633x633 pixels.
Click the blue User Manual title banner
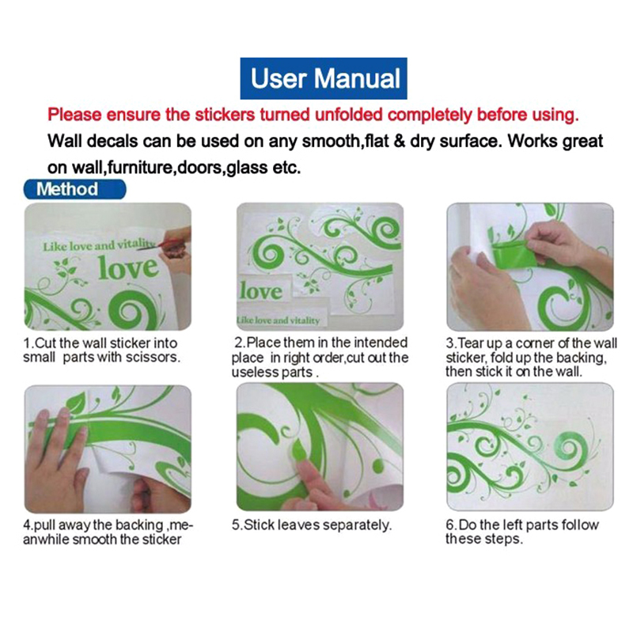[x=324, y=78]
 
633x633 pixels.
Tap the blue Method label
[x=74, y=189]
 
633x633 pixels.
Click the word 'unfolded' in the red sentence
[x=347, y=115]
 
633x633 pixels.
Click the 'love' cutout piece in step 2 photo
[x=263, y=290]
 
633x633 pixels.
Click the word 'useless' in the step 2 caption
[x=255, y=372]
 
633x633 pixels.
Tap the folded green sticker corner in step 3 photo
[x=512, y=253]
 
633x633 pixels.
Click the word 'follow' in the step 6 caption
[x=579, y=525]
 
